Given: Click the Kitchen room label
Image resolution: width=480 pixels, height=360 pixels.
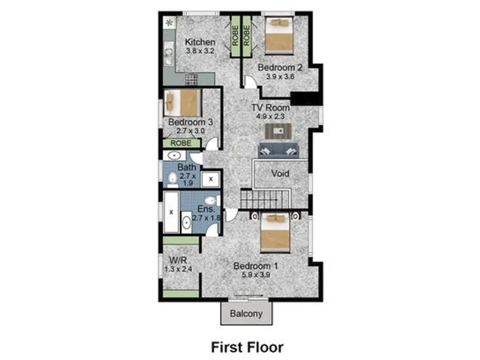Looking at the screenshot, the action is pyautogui.click(x=200, y=42).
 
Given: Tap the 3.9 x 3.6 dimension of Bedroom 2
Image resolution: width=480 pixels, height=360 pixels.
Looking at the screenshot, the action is pyautogui.click(x=280, y=77).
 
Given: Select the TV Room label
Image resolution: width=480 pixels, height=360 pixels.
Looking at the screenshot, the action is pyautogui.click(x=271, y=107).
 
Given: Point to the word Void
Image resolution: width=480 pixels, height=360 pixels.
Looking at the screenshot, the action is pyautogui.click(x=280, y=173).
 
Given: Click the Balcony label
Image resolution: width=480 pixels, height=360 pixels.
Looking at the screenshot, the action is pyautogui.click(x=246, y=314).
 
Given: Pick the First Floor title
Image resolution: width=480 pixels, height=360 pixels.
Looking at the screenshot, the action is pyautogui.click(x=247, y=347).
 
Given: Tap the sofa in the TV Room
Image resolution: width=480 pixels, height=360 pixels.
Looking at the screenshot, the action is pyautogui.click(x=278, y=151).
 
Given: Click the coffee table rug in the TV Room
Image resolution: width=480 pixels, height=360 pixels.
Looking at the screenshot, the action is pyautogui.click(x=278, y=131).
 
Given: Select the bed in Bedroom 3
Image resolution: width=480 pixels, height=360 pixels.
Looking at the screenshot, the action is pyautogui.click(x=182, y=103).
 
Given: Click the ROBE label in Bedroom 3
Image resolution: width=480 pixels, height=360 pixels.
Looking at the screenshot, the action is pyautogui.click(x=181, y=143).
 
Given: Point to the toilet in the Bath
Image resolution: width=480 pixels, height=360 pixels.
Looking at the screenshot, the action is pyautogui.click(x=173, y=179).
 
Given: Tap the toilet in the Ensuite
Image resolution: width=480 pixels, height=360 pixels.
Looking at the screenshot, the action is pyautogui.click(x=212, y=201).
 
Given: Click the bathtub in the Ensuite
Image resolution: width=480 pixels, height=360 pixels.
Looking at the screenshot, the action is pyautogui.click(x=171, y=212).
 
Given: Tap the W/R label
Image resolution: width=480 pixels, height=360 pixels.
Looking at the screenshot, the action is pyautogui.click(x=178, y=260).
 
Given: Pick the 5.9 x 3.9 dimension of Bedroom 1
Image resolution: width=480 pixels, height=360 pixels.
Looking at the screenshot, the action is pyautogui.click(x=256, y=275).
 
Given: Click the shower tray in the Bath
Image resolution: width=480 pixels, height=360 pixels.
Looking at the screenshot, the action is pyautogui.click(x=211, y=179).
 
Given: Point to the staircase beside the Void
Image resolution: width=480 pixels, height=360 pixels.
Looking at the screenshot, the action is pyautogui.click(x=265, y=199).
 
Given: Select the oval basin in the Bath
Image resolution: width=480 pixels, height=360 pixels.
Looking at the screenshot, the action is pyautogui.click(x=174, y=156).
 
